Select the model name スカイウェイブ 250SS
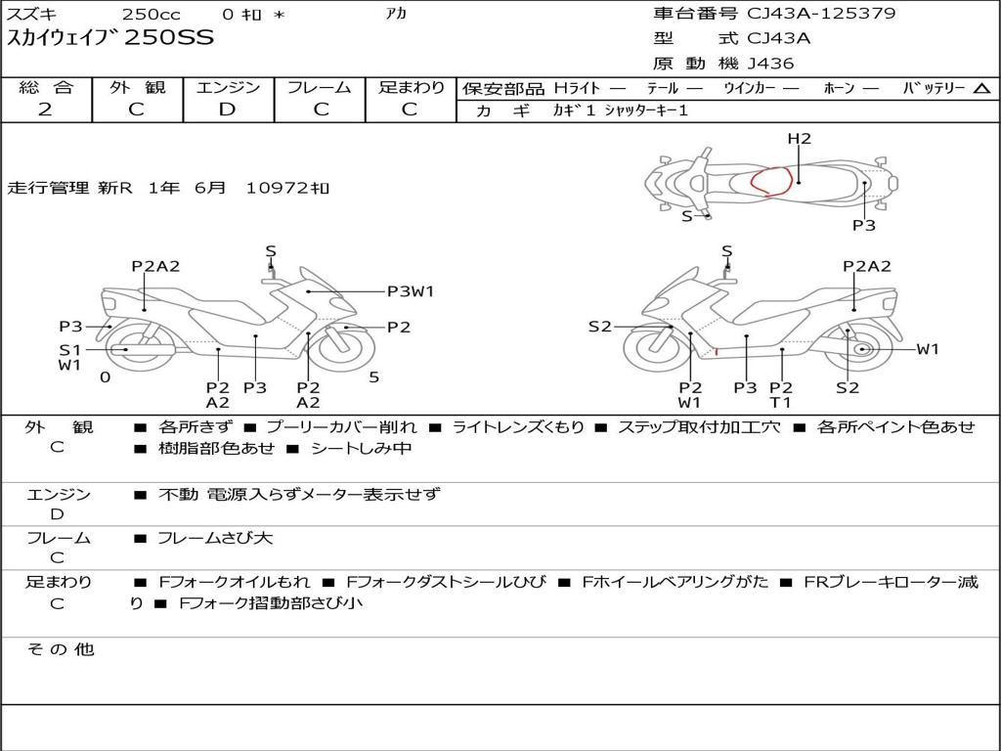(x=110, y=39)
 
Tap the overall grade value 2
(x=45, y=110)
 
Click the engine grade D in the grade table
(x=227, y=110)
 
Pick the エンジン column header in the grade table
(x=228, y=87)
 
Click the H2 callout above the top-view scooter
(x=800, y=139)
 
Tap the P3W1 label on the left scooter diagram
(x=411, y=290)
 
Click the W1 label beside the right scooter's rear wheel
(x=927, y=349)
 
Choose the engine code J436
(x=770, y=64)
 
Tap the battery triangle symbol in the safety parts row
(x=981, y=88)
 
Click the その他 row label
(x=60, y=649)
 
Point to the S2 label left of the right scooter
(x=599, y=327)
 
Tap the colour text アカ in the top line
(x=396, y=14)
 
